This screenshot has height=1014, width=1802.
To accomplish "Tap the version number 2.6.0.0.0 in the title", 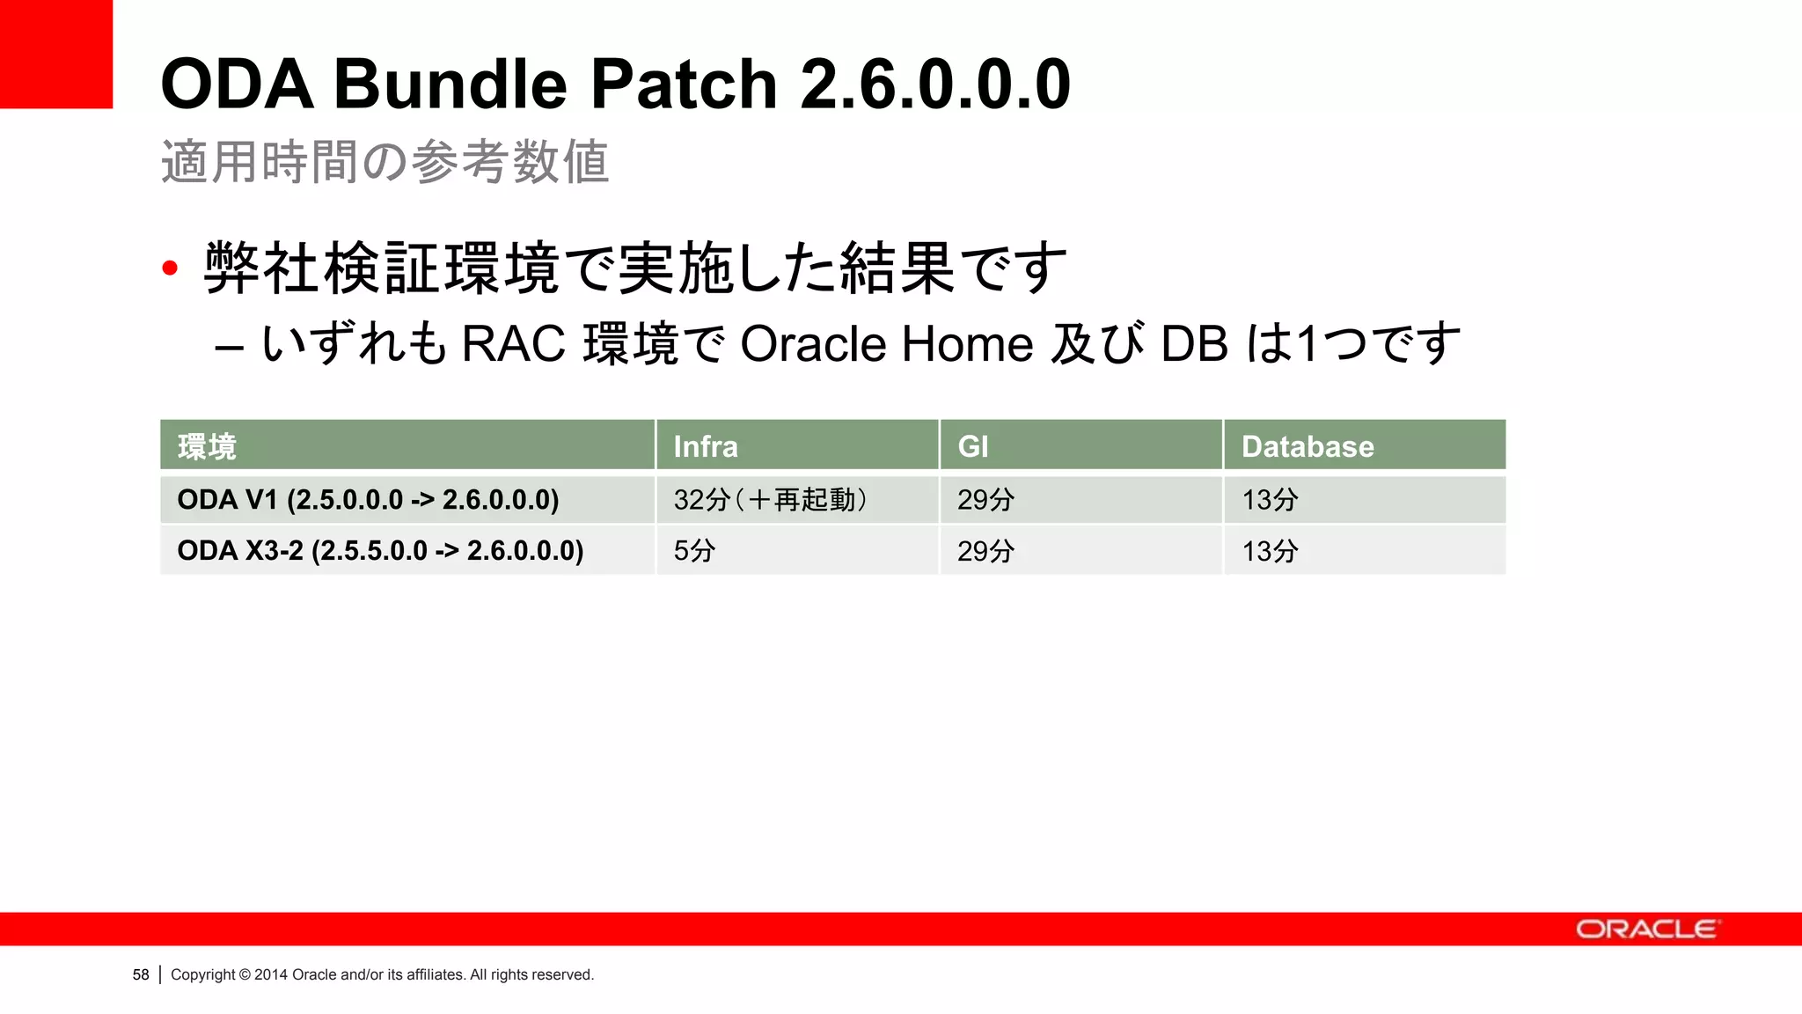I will tap(935, 84).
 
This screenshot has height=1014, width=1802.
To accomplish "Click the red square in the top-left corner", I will tap(55, 54).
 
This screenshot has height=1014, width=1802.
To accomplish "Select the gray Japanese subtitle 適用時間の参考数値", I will tap(385, 162).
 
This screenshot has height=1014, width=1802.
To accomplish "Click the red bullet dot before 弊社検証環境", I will tap(170, 268).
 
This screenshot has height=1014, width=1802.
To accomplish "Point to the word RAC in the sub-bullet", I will tap(513, 343).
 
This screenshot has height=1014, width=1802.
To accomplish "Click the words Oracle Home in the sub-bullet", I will tap(886, 343).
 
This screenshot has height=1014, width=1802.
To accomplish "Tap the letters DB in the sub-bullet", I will tap(1194, 343).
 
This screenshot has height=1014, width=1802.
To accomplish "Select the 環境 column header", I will tap(207, 446).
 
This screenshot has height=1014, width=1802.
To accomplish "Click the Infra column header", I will tap(706, 446).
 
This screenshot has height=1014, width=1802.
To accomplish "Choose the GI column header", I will tap(973, 446).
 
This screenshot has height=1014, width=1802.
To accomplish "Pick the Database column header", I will tap(1308, 446).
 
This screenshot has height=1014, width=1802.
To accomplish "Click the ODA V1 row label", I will tap(368, 500).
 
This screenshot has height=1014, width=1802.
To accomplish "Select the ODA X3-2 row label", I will tap(380, 551).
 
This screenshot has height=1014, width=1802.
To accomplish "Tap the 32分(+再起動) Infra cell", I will tap(771, 500).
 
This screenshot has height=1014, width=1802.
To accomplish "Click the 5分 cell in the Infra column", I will tap(694, 551).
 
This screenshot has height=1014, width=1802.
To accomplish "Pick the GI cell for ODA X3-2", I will tap(985, 551).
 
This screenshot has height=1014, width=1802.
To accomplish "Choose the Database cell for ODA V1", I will tap(1270, 500).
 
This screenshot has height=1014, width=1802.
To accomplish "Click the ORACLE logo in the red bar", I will tap(1645, 929).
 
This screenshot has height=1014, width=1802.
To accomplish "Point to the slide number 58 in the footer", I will tap(141, 974).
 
